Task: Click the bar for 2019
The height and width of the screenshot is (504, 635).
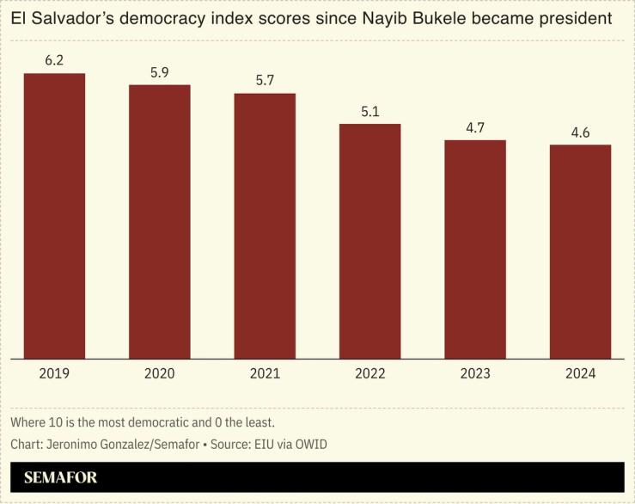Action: [54, 215]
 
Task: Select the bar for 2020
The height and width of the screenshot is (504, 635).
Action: [160, 221]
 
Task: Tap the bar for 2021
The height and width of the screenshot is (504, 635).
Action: [265, 225]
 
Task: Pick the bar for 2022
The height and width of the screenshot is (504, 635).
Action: [369, 241]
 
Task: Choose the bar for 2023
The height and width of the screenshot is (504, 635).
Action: [475, 249]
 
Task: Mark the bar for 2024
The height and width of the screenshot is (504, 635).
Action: [580, 251]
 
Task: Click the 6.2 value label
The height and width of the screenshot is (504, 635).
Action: [54, 62]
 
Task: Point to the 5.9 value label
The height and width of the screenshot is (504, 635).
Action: [160, 72]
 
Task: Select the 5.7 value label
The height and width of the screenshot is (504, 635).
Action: [265, 81]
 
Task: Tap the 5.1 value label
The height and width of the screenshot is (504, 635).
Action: [369, 112]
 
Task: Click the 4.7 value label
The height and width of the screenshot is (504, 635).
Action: [475, 127]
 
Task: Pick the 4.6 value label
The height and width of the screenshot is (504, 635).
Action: [580, 132]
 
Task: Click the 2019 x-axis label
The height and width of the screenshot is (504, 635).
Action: [54, 373]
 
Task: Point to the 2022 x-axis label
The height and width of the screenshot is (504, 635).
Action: [369, 373]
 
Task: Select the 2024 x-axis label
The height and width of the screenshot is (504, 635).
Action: [580, 373]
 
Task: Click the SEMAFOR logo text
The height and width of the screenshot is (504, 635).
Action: [60, 477]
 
